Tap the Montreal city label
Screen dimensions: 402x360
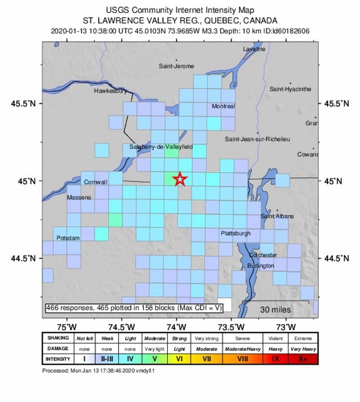pyautogui.click(x=223, y=106)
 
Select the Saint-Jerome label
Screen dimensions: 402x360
pyautogui.click(x=176, y=66)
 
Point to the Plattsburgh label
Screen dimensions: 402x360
pyautogui.click(x=235, y=233)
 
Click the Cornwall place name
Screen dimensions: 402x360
pyautogui.click(x=95, y=182)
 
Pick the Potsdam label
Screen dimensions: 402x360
pyautogui.click(x=68, y=238)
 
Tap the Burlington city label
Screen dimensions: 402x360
pyautogui.click(x=261, y=266)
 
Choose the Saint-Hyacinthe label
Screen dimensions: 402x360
pyautogui.click(x=290, y=89)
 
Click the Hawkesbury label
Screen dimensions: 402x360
pyautogui.click(x=110, y=91)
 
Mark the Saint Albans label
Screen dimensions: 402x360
pyautogui.click(x=277, y=216)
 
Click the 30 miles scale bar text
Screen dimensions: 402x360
pyautogui.click(x=275, y=310)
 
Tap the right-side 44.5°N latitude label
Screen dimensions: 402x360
pyautogui.click(x=337, y=258)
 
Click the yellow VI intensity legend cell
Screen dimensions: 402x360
pyautogui.click(x=179, y=359)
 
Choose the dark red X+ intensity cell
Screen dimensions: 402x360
pyautogui.click(x=303, y=359)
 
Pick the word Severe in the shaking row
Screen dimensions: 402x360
pyautogui.click(x=242, y=338)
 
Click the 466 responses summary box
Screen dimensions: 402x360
pyautogui.click(x=134, y=308)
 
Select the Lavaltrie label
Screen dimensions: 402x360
pyautogui.click(x=254, y=49)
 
